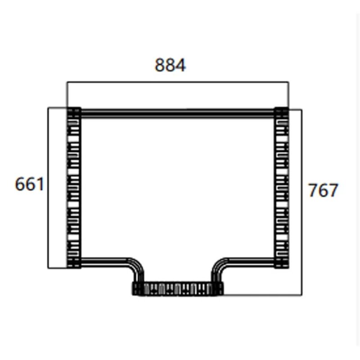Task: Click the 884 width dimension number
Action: click(x=170, y=66)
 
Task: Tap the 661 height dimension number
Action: click(x=29, y=184)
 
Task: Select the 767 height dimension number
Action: click(x=323, y=190)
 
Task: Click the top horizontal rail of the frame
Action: click(x=178, y=113)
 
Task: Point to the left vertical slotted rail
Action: click(x=73, y=189)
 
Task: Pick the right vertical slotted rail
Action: click(x=282, y=189)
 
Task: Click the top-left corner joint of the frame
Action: click(x=74, y=112)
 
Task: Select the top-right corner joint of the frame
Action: click(x=282, y=112)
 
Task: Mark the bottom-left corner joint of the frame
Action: click(x=74, y=263)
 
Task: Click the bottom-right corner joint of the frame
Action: click(x=282, y=263)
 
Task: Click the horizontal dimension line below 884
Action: click(x=178, y=82)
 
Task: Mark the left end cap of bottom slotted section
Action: click(x=136, y=288)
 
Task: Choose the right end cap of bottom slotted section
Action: click(x=219, y=288)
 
